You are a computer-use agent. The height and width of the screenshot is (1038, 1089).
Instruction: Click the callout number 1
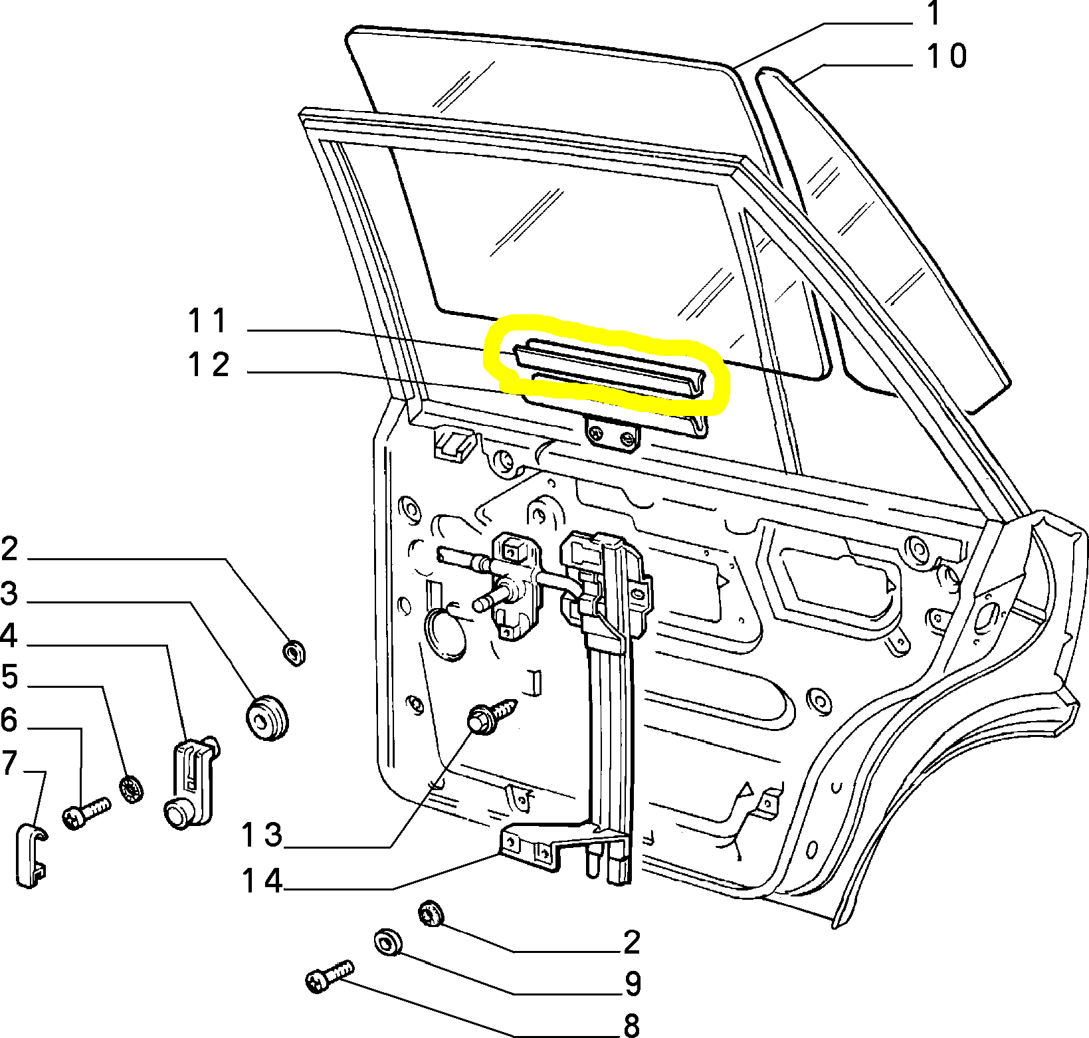tap(934, 13)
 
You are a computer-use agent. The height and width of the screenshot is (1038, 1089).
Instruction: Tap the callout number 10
tap(946, 56)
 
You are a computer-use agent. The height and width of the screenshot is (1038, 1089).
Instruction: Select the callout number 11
tap(208, 321)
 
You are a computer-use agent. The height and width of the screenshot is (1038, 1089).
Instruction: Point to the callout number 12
tap(209, 365)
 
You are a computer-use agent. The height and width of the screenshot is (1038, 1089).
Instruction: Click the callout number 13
tap(262, 835)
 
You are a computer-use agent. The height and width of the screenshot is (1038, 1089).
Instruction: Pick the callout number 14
tap(262, 881)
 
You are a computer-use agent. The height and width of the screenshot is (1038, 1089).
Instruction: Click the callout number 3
tap(9, 593)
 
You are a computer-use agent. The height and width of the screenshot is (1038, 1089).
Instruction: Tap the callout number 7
tap(9, 763)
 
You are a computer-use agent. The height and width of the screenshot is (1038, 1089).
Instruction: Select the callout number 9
tap(633, 984)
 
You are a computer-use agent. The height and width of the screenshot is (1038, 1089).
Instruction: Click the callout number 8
tap(632, 1025)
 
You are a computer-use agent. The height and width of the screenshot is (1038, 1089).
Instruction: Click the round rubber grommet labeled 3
tap(267, 718)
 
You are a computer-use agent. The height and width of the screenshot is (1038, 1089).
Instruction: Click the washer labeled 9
tap(387, 942)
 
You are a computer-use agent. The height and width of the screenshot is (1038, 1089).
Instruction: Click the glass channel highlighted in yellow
tap(608, 369)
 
